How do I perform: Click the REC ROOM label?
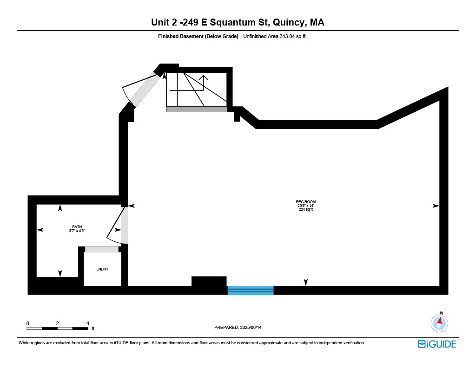306,202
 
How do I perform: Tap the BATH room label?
77,227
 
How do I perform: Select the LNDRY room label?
102,269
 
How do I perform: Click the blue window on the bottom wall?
251,290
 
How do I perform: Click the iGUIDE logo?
437,344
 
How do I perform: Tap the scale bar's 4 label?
88,323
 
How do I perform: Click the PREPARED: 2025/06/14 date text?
238,327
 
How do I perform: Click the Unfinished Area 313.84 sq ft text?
274,36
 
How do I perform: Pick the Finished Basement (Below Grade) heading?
198,36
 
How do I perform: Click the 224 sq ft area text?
306,209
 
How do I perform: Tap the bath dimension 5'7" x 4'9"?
77,231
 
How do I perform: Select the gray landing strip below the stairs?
197,109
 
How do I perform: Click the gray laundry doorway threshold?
101,250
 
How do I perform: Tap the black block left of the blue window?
209,281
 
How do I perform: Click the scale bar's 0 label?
27,323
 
